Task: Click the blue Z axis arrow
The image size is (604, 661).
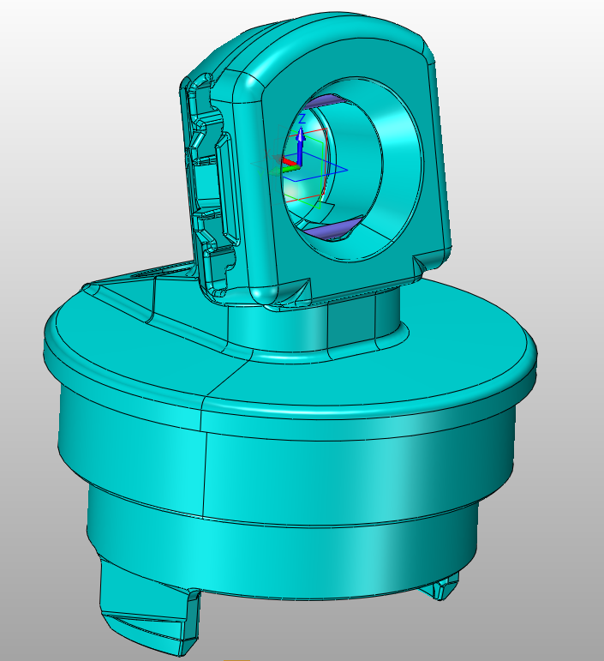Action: tap(301, 146)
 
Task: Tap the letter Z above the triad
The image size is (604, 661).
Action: tap(302, 119)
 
